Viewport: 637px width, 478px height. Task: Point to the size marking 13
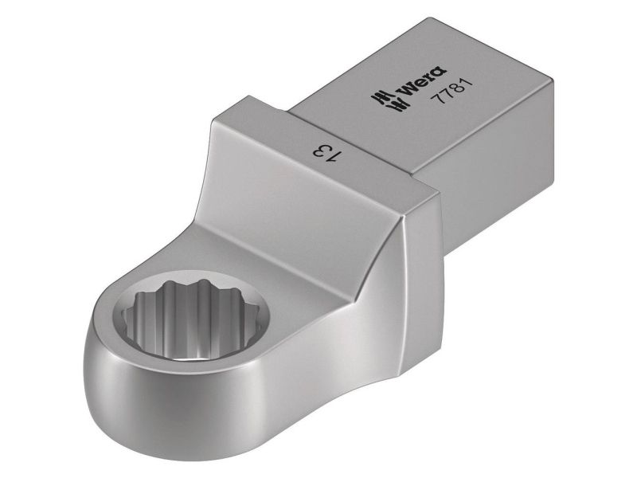[327, 152]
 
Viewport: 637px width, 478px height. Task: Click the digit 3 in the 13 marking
[321, 150]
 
